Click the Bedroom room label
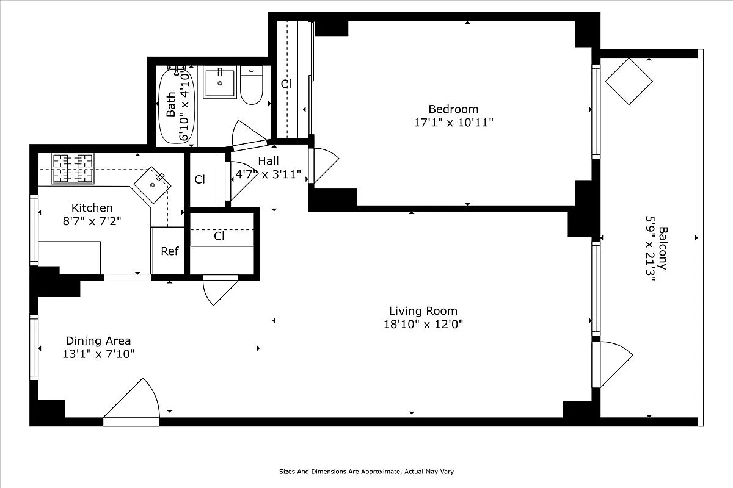click(453, 109)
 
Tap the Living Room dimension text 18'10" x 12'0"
click(422, 325)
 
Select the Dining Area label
click(98, 341)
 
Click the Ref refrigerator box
click(169, 251)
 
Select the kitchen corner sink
click(152, 184)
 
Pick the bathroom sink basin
click(219, 84)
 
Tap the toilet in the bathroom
click(251, 86)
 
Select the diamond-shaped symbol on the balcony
click(629, 81)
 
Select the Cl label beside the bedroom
click(286, 84)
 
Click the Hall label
click(268, 161)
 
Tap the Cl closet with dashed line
click(220, 237)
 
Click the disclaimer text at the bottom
click(366, 472)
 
